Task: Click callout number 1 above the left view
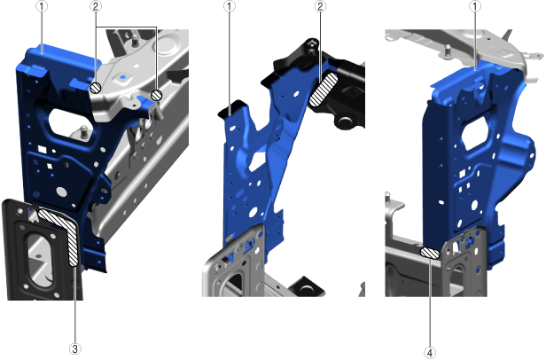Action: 42,6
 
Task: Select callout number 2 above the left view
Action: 96,6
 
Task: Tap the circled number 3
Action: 74,348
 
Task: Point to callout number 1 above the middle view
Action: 230,6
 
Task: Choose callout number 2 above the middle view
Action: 320,6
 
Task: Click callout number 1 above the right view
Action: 475,6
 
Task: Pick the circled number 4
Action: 430,353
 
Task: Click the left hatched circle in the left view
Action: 96,88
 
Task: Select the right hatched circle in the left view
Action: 157,95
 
